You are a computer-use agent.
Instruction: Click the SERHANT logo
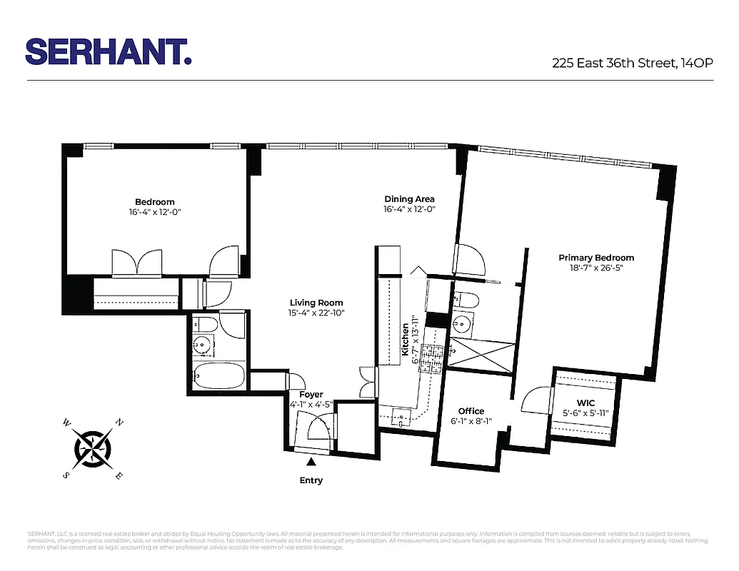(x=108, y=51)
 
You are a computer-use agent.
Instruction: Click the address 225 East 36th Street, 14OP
(x=632, y=63)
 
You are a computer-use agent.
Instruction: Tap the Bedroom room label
(x=155, y=202)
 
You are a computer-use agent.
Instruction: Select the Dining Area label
(x=409, y=199)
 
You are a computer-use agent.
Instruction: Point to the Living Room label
(x=316, y=303)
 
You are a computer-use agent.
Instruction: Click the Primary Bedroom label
(x=596, y=258)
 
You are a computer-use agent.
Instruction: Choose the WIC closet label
(x=585, y=403)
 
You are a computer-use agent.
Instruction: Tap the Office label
(x=471, y=411)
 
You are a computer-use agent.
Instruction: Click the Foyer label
(x=311, y=394)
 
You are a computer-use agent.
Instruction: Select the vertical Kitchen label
(x=405, y=339)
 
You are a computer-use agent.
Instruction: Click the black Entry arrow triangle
(x=311, y=463)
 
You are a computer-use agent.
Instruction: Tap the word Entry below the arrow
(x=311, y=480)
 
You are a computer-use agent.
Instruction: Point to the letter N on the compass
(x=119, y=423)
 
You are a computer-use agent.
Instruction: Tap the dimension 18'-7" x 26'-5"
(x=596, y=268)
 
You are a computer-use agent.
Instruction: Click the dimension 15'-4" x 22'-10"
(x=316, y=313)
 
